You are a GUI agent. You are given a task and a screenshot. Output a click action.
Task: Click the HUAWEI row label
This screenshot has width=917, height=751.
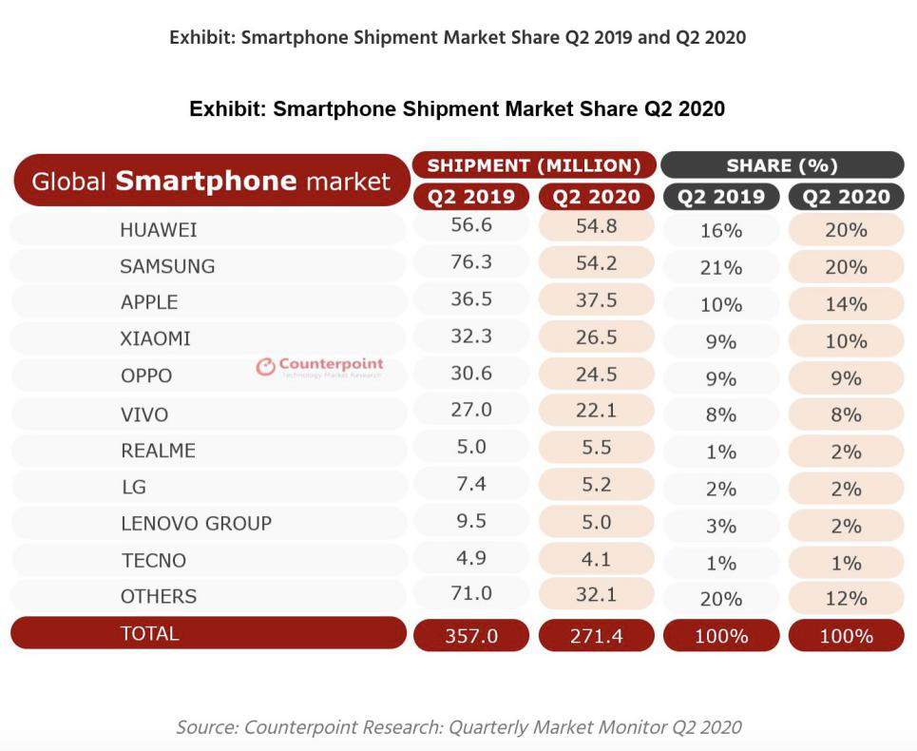coord(158,230)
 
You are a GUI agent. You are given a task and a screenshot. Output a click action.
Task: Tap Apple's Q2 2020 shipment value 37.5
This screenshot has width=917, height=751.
coord(596,300)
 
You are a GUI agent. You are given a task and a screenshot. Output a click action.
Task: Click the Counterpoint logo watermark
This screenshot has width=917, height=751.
coord(319,366)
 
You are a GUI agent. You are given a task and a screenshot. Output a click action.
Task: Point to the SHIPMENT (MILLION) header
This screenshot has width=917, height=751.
coord(534,165)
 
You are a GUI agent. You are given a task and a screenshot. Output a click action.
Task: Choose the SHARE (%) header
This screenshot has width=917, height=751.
coord(781,165)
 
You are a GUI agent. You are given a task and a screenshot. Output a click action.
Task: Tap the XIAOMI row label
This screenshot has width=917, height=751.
coord(155,338)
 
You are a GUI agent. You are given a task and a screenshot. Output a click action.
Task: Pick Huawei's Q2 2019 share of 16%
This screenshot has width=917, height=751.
coord(720,231)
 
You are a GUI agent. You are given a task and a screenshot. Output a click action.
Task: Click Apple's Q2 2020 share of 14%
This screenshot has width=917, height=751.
coord(846,304)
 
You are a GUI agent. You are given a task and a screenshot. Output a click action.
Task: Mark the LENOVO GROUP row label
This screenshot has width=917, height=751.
coord(196,523)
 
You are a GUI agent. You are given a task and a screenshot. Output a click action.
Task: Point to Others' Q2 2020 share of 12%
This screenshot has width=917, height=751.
coord(846,599)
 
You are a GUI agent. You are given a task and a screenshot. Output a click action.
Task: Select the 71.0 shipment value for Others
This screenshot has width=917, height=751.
coord(470,593)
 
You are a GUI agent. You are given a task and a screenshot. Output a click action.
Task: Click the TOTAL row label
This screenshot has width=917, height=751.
coord(149,633)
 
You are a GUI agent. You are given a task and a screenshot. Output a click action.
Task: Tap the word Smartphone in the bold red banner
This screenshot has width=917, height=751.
coord(206,181)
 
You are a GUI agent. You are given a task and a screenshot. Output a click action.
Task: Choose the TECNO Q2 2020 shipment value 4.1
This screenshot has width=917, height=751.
coord(596,557)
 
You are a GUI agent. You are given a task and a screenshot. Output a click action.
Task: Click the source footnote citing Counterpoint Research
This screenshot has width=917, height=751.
coord(458,727)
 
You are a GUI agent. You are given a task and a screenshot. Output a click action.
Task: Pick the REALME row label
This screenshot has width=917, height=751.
coord(158,450)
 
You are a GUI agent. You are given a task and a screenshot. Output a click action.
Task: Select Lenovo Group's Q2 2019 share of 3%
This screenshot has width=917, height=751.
coord(720,526)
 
